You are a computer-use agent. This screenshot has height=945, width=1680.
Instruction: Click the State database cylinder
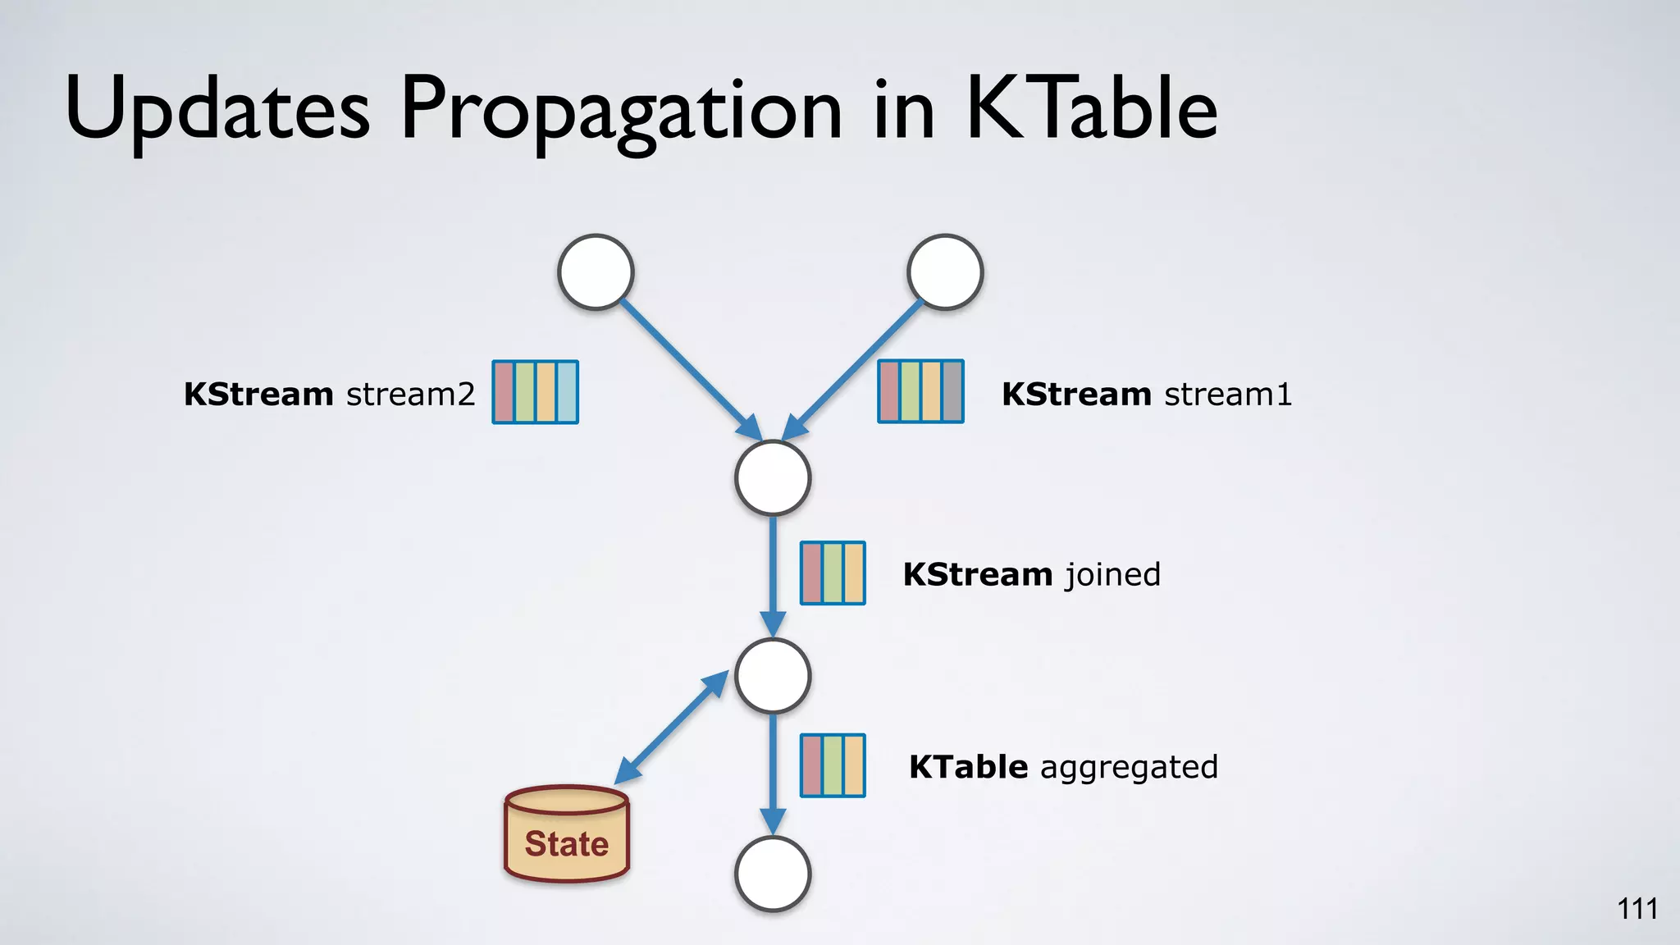tap(566, 833)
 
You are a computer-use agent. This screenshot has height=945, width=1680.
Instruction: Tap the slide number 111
tap(1637, 909)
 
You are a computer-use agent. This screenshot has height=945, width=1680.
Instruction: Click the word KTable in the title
tap(1091, 108)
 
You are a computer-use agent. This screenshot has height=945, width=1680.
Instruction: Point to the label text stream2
tap(410, 395)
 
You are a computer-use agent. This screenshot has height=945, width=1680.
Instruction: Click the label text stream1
tap(1228, 395)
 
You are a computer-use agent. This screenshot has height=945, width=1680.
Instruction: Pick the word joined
tap(1112, 574)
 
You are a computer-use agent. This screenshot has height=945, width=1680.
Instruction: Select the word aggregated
tap(1129, 768)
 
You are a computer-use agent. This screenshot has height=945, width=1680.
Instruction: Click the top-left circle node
tap(596, 272)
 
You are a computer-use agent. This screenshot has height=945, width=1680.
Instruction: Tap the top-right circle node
tap(945, 272)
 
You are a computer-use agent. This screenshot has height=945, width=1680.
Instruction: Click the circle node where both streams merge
tap(773, 478)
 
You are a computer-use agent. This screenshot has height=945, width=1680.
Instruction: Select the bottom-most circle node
tap(773, 874)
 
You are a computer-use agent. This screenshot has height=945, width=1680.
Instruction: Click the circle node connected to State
tap(773, 676)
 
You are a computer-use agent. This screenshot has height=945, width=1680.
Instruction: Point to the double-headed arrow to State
tap(671, 728)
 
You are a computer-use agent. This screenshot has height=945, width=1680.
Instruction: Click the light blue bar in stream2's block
tap(567, 392)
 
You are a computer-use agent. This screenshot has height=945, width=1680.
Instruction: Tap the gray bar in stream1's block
tap(952, 392)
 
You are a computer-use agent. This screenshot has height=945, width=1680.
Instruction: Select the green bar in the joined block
tap(833, 573)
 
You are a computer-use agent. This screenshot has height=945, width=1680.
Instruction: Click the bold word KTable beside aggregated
tap(968, 768)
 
